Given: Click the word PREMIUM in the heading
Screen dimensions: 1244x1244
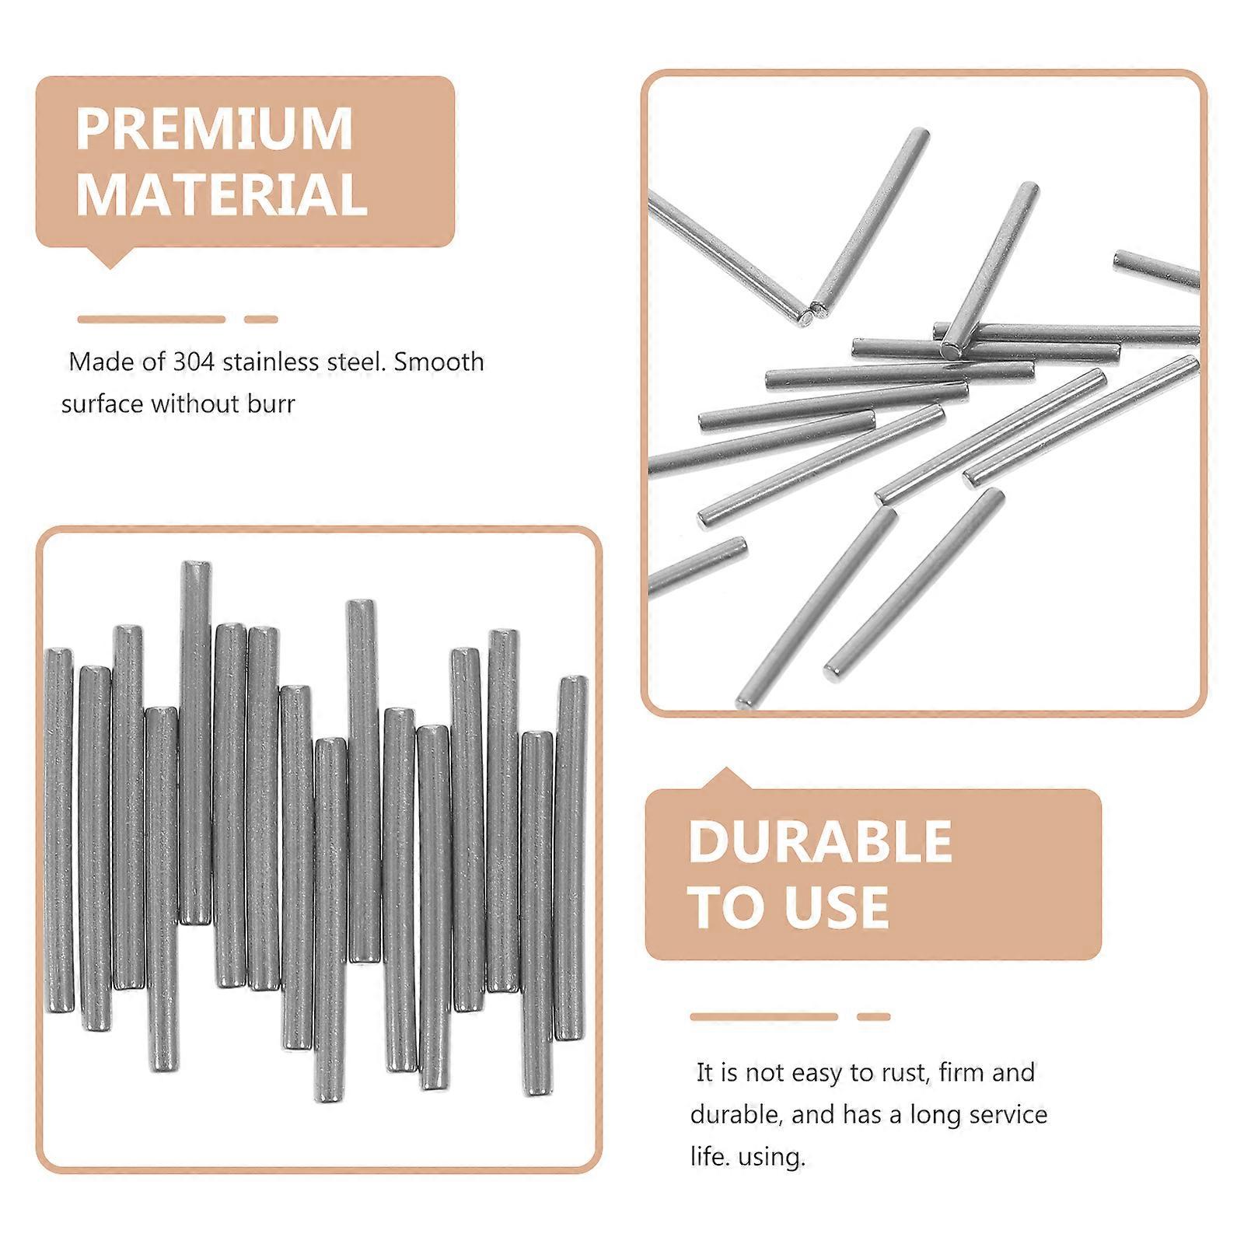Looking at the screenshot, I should pyautogui.click(x=214, y=129).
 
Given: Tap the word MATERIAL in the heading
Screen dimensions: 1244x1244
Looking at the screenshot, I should pyautogui.click(x=222, y=194).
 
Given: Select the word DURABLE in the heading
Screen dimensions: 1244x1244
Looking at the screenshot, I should pyautogui.click(x=820, y=842).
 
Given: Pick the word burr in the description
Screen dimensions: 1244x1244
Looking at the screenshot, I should pyautogui.click(x=271, y=404).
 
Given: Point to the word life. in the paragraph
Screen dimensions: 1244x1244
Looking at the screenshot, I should pyautogui.click(x=710, y=1157).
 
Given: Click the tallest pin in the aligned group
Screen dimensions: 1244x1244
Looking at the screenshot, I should pyautogui.click(x=196, y=743).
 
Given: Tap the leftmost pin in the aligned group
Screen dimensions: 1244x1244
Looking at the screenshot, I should pyautogui.click(x=59, y=830).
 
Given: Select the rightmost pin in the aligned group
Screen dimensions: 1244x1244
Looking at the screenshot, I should pyautogui.click(x=571, y=858).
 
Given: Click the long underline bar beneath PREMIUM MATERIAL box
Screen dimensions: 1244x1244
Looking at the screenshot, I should pyautogui.click(x=151, y=319).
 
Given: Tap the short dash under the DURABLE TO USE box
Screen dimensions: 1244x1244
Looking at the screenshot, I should pyautogui.click(x=873, y=1016).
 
